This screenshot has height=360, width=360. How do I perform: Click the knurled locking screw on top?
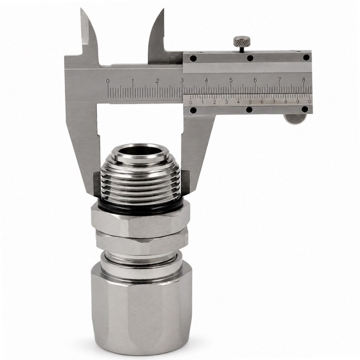(x=242, y=41)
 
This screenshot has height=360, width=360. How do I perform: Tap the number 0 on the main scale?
(x=107, y=81)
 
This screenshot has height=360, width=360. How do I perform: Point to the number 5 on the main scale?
(x=231, y=80)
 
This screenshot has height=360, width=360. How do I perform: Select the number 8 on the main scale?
(x=304, y=79)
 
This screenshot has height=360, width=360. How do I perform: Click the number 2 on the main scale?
(x=157, y=81)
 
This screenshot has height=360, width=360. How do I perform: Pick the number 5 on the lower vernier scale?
(x=250, y=102)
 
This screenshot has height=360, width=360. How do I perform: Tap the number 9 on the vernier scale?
(x=298, y=101)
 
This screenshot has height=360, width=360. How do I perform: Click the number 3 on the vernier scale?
(x=226, y=102)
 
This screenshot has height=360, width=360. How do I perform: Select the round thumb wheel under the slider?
(x=296, y=119)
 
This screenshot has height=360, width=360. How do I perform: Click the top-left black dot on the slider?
(x=193, y=59)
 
